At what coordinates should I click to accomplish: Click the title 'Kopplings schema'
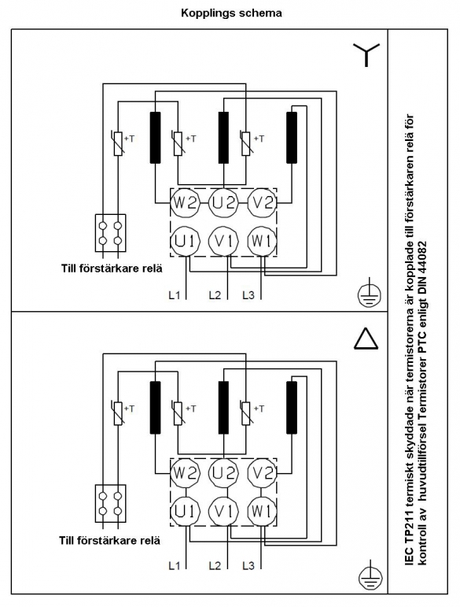(231, 13)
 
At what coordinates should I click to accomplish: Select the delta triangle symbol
(366, 338)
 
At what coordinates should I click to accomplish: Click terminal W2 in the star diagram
(186, 203)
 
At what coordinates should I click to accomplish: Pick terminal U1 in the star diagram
(186, 241)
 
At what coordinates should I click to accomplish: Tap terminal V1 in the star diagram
(224, 241)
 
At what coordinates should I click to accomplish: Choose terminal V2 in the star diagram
(262, 203)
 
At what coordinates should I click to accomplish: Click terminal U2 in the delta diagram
(224, 472)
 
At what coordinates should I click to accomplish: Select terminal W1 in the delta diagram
(262, 511)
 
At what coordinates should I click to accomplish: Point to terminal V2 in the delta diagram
(262, 472)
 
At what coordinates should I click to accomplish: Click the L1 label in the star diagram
(175, 295)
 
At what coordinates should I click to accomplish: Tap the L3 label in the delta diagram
(248, 565)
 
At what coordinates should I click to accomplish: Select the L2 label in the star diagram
(215, 295)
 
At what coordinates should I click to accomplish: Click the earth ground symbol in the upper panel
(369, 296)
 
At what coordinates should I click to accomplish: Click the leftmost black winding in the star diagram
(155, 138)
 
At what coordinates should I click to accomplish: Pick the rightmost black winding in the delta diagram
(292, 407)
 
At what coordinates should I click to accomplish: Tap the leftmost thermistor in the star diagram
(118, 143)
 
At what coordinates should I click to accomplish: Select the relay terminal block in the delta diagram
(111, 503)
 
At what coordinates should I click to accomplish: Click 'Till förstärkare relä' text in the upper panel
(112, 268)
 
